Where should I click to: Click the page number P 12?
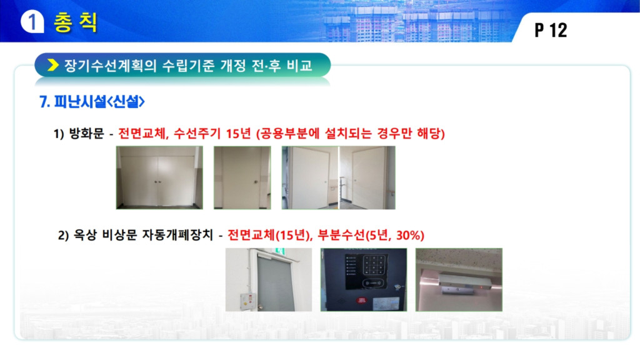coord(551,30)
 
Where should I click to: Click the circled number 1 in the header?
coord(32,21)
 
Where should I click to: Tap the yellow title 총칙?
coord(76,22)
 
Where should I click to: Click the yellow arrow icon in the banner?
coord(53,65)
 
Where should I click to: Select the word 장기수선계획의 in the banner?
coord(110,65)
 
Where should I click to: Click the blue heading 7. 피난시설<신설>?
coord(92,102)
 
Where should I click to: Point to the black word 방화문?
coord(86,134)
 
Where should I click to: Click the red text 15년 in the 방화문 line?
coord(238,134)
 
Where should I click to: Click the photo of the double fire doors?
coord(159,177)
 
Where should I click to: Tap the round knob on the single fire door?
coord(256,182)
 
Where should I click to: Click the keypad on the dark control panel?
coord(374,265)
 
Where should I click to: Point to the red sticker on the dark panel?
coord(361,301)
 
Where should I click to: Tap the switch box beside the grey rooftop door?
coord(247,302)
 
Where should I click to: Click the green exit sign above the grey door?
coord(279,251)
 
